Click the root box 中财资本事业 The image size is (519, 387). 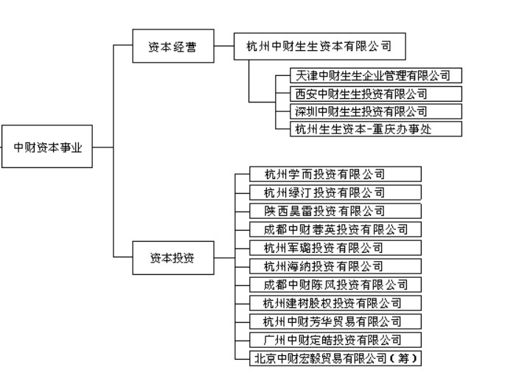[x=47, y=147]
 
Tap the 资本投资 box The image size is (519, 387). [x=173, y=257]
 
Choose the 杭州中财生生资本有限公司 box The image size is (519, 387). [x=319, y=47]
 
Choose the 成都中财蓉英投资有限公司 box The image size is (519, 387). [x=337, y=229]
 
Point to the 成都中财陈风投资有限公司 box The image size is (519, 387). [x=337, y=285]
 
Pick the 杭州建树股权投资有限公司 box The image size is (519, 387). [x=337, y=303]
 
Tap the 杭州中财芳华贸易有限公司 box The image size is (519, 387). [x=337, y=321]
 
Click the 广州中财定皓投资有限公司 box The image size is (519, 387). [x=337, y=340]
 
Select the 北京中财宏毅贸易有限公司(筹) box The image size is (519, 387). [x=337, y=358]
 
